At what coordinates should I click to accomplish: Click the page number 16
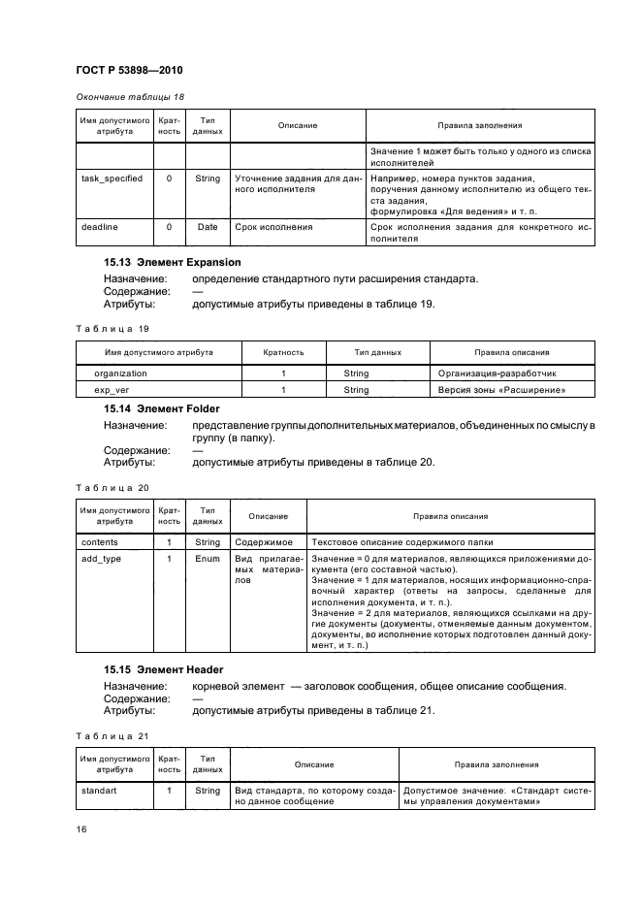pyautogui.click(x=82, y=827)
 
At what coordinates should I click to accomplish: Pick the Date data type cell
pyautogui.click(x=208, y=227)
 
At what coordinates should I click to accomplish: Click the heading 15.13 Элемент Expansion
pyautogui.click(x=173, y=262)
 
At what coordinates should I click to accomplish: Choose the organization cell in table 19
pyautogui.click(x=120, y=373)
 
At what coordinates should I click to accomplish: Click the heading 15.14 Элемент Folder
pyautogui.click(x=162, y=408)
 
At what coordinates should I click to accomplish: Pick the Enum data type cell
pyautogui.click(x=208, y=559)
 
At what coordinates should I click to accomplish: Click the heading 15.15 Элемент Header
pyautogui.click(x=164, y=669)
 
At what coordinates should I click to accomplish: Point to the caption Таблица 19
pyautogui.click(x=112, y=328)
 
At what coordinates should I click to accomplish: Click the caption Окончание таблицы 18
pyautogui.click(x=130, y=96)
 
